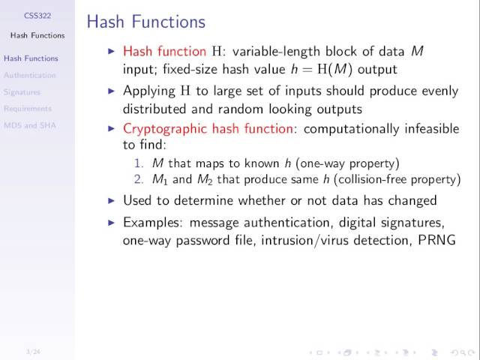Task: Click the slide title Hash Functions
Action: click(145, 22)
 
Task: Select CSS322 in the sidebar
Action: click(37, 15)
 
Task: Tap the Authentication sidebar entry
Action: click(30, 75)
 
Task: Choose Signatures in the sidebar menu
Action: click(22, 92)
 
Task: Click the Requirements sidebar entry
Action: click(28, 109)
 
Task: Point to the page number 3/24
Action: click(32, 351)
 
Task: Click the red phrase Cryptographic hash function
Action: click(208, 128)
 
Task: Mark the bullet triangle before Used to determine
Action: click(112, 201)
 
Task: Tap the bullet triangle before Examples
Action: click(112, 223)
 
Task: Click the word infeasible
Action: click(431, 128)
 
